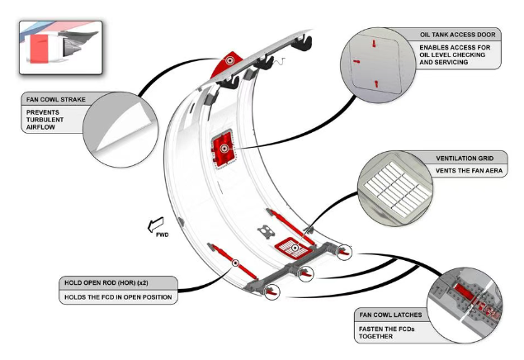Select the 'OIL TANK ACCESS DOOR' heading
[458, 36]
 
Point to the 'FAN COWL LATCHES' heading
[391, 315]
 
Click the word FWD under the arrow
[163, 235]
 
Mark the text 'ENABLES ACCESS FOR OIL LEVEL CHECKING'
[458, 56]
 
